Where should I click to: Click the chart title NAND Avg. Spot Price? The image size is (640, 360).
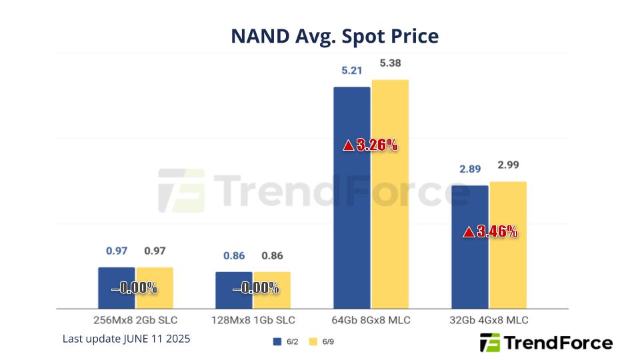coord(335,35)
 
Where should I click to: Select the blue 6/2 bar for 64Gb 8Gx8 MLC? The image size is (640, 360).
coord(351,200)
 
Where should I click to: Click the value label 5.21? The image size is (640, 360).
coord(351,70)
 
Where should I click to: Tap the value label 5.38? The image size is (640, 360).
coord(390,63)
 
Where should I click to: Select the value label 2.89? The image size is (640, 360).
coord(470,169)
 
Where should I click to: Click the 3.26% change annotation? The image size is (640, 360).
coord(377,145)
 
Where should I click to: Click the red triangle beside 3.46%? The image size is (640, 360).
coord(469,232)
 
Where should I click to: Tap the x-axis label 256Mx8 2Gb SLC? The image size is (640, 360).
coord(135,320)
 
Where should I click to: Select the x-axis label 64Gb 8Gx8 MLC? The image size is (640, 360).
coord(371,320)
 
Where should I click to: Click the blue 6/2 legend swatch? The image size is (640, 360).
coord(277,342)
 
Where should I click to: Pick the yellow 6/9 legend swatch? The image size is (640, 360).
coord(313,342)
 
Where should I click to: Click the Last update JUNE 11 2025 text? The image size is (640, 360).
coord(127,339)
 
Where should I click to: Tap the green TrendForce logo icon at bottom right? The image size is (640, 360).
coord(490,343)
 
